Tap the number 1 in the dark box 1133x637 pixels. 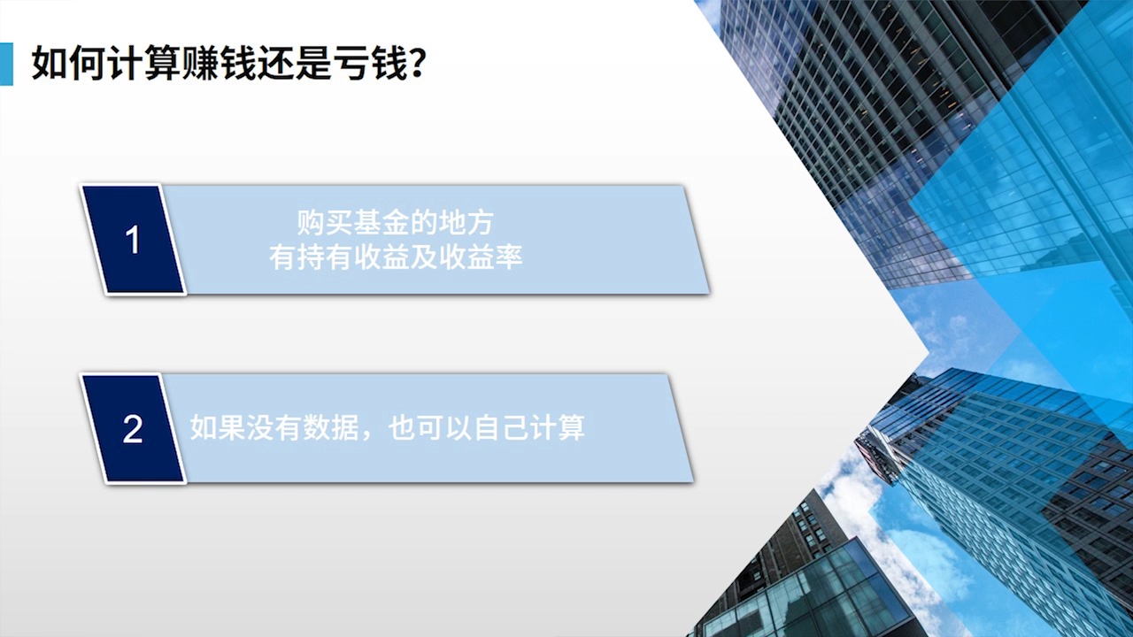(x=133, y=240)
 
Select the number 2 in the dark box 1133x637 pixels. (x=133, y=429)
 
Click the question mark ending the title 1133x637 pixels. (x=416, y=65)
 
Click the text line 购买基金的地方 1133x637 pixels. (x=395, y=223)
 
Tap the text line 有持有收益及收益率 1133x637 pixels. (x=395, y=257)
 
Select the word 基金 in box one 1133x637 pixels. (x=381, y=223)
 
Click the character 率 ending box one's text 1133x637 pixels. (x=508, y=257)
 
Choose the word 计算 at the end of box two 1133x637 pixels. (x=557, y=427)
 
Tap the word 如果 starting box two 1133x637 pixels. (x=218, y=427)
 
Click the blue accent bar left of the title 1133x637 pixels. (x=6, y=64)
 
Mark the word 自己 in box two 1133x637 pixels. (x=500, y=427)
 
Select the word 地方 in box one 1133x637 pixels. (x=466, y=223)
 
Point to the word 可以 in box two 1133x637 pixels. (x=443, y=427)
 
